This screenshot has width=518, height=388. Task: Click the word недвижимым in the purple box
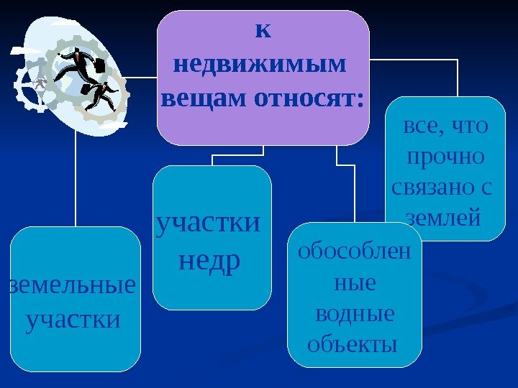(260, 65)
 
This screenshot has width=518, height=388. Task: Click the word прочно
(445, 156)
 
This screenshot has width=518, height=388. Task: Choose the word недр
(209, 262)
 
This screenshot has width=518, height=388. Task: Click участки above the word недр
(209, 223)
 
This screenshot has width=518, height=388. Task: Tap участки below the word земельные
(73, 319)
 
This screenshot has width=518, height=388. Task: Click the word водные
(355, 313)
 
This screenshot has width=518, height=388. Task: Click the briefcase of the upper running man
(101, 65)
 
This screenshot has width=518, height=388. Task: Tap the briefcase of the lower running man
(86, 89)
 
